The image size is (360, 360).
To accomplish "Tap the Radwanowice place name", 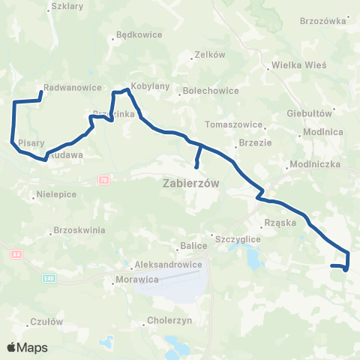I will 73,87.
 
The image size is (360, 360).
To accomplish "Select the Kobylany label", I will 146,86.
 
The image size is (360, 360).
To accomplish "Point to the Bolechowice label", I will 205,93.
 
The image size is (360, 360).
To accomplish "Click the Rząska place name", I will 281,223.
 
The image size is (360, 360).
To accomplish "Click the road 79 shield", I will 102,179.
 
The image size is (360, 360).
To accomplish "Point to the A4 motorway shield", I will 16,254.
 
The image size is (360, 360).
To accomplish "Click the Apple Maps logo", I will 27,348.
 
